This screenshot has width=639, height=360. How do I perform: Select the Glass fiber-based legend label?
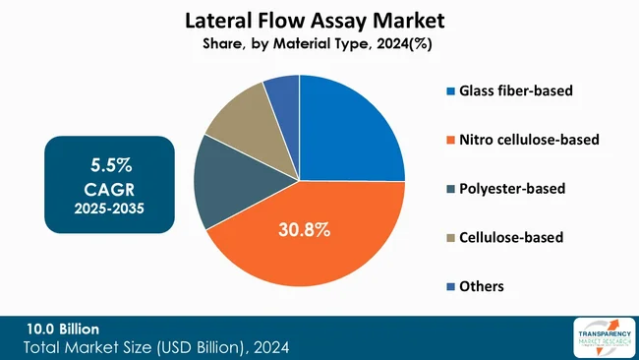[x=515, y=91]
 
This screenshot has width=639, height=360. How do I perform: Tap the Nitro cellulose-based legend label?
[x=529, y=140]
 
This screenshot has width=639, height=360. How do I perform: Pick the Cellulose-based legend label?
[x=511, y=237]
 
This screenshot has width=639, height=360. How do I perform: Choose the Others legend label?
[x=482, y=285]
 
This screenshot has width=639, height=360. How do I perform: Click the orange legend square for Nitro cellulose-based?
[x=449, y=140]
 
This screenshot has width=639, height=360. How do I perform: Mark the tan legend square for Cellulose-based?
[x=449, y=237]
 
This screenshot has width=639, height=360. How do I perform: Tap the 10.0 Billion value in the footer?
[x=63, y=328]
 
